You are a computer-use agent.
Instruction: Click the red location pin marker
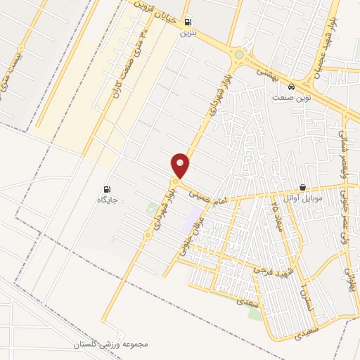[181, 165]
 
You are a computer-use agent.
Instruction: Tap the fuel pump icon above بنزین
[186, 22]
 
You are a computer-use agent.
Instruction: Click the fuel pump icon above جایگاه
[107, 188]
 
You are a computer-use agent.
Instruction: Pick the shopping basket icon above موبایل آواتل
[302, 188]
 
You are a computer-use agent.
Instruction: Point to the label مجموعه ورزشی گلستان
[111, 345]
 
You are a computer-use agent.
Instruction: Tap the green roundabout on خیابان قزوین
[239, 55]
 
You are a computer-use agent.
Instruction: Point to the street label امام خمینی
[207, 195]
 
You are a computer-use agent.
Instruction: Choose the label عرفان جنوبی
[184, 235]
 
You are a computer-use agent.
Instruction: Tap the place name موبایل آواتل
[302, 198]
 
